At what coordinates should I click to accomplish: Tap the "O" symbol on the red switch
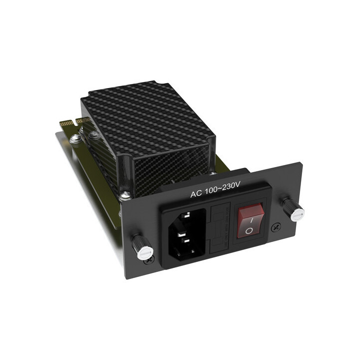[249, 230]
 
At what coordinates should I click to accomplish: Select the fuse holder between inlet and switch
[220, 227]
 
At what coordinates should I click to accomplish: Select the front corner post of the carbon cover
[128, 175]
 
